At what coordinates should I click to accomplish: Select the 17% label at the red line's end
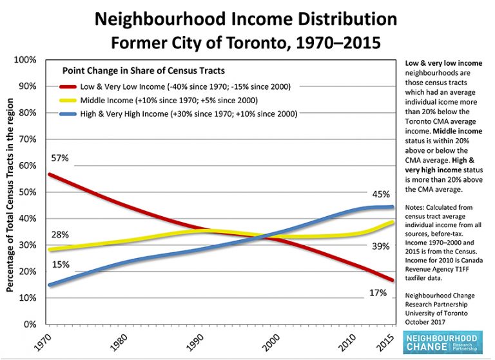(378, 292)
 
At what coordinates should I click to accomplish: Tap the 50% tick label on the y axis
(27, 192)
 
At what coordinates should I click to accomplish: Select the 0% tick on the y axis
(30, 325)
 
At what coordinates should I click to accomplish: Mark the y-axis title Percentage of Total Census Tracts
(11, 193)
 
